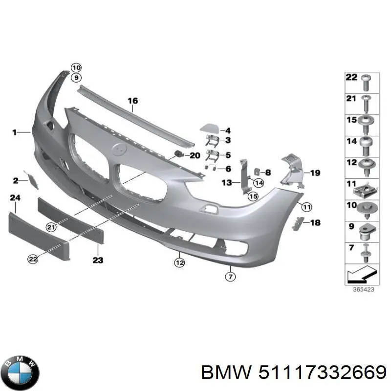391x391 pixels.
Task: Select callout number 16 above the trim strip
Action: [133, 101]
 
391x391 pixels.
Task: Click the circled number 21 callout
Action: [50, 226]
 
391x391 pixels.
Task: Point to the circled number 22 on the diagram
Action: [33, 260]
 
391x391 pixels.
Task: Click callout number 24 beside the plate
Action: [15, 197]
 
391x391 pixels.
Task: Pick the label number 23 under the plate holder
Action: [98, 260]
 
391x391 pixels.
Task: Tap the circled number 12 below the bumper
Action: [179, 263]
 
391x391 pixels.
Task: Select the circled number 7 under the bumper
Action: [230, 277]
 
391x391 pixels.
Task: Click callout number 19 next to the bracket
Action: [315, 173]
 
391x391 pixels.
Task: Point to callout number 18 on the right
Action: [315, 223]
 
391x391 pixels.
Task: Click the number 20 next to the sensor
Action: [195, 155]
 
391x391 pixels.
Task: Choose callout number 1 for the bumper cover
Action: [15, 132]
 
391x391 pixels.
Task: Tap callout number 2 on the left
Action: [15, 181]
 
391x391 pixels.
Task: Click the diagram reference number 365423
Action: [362, 289]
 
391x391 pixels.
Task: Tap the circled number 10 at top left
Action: [75, 67]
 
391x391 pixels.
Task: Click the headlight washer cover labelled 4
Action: [211, 130]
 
